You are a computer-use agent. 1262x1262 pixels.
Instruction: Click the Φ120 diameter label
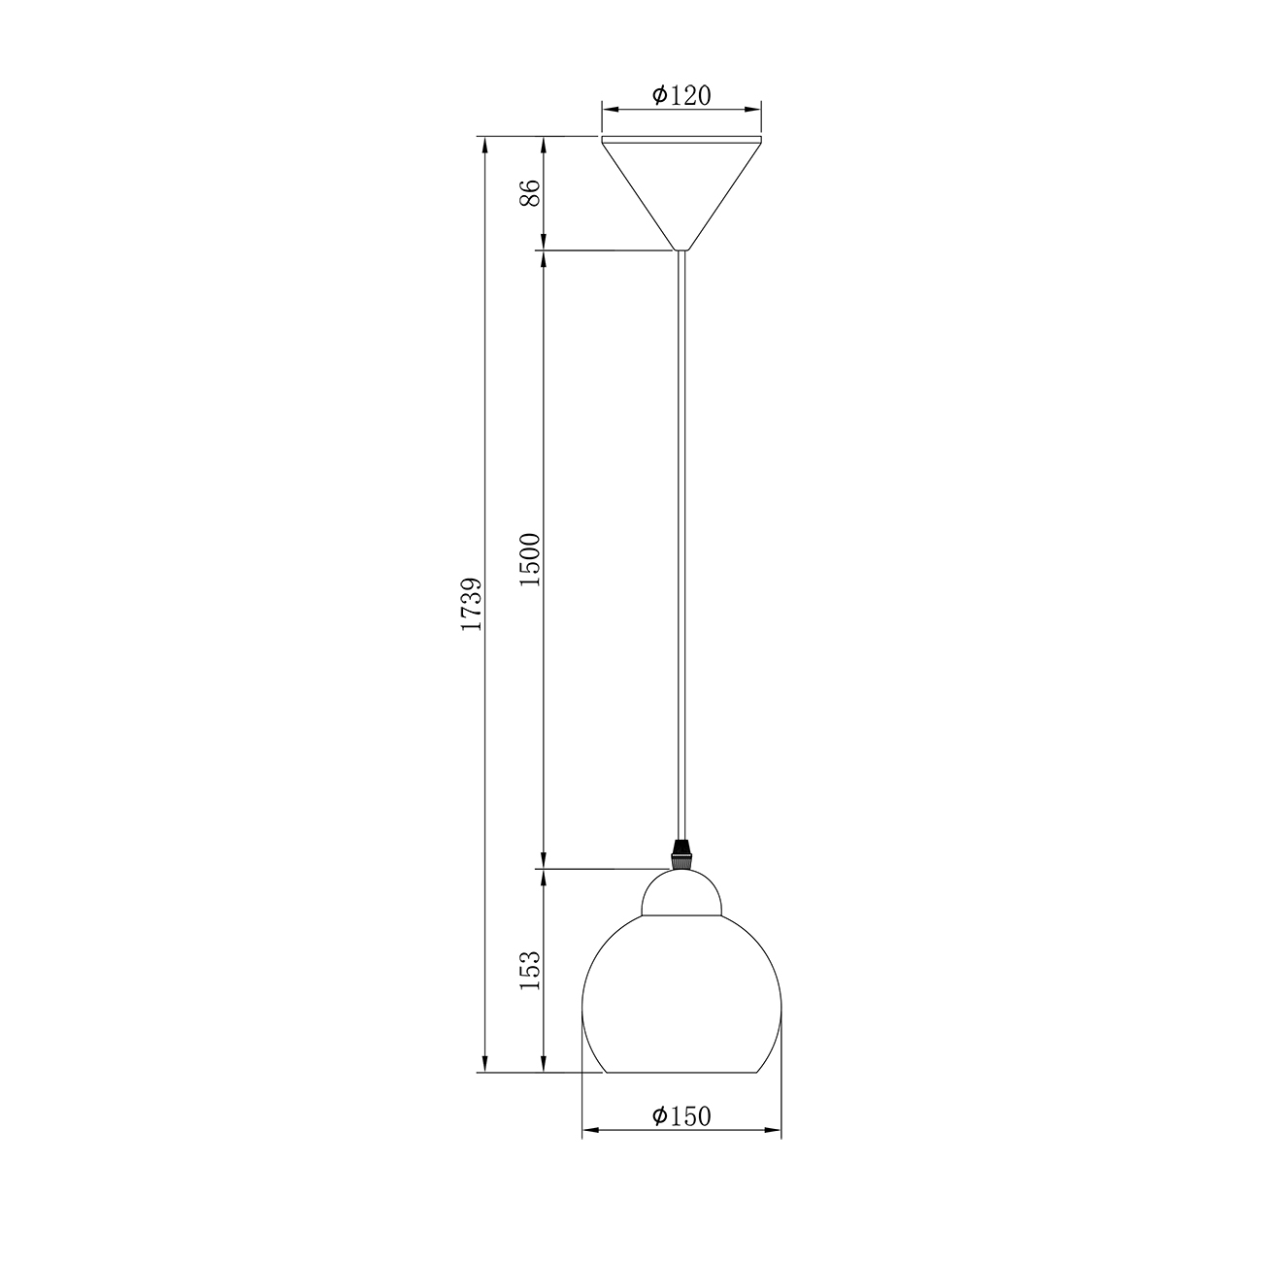(x=681, y=95)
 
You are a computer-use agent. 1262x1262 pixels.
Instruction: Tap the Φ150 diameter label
(x=681, y=1116)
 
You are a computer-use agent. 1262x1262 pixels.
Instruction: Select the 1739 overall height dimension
(x=472, y=604)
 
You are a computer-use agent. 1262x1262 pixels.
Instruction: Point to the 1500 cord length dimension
(x=530, y=560)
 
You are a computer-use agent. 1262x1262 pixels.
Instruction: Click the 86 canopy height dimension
(x=530, y=192)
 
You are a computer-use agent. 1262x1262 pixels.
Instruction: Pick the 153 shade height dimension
(x=530, y=971)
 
